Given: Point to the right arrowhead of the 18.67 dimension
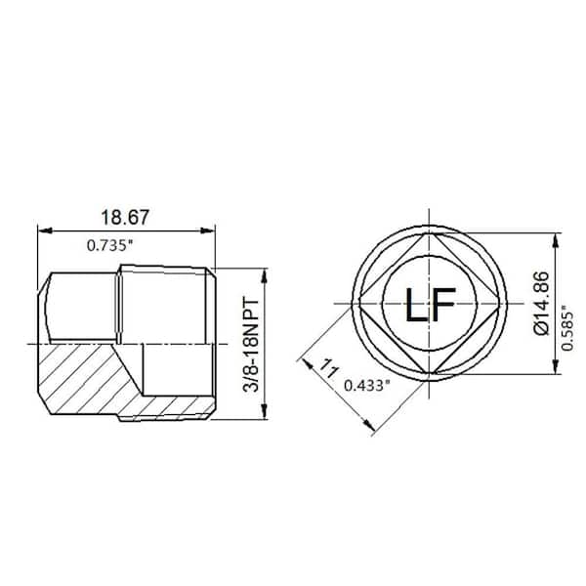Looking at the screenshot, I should (x=210, y=231).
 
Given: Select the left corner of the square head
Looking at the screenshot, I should (x=356, y=303).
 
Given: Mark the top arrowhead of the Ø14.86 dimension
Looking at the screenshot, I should (x=557, y=236).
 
